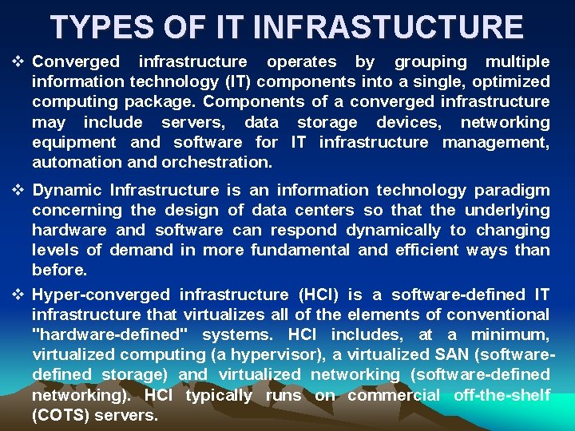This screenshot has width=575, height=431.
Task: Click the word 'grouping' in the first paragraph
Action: (x=431, y=62)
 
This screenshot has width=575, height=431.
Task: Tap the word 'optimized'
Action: (x=510, y=81)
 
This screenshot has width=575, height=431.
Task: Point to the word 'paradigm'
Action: (x=512, y=191)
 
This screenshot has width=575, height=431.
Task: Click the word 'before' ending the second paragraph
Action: (x=59, y=270)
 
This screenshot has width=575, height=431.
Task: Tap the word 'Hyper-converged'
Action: (x=101, y=295)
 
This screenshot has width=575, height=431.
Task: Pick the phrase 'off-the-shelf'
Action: (x=502, y=395)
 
